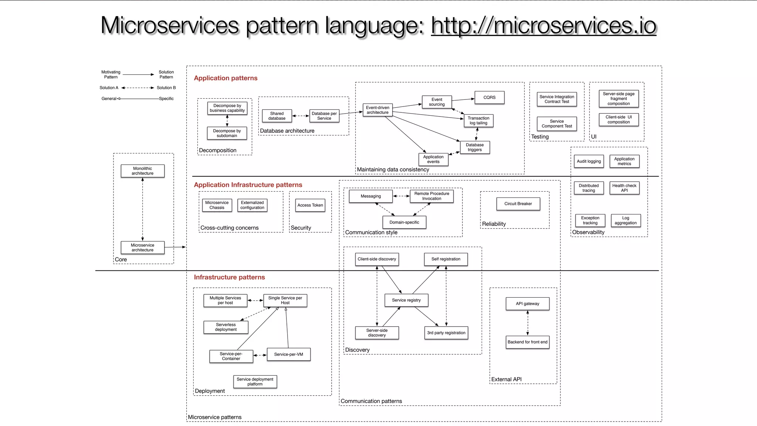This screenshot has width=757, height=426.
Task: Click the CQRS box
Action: [489, 97]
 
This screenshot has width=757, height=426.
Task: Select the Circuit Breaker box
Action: [518, 204]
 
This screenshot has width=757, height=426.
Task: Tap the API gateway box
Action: [527, 304]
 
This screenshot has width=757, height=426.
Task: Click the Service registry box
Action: [406, 300]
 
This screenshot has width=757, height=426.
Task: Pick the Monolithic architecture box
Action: [142, 171]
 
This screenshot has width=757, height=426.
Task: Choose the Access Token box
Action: [310, 205]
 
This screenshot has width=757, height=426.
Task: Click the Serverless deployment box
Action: [226, 327]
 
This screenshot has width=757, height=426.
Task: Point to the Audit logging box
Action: [589, 161]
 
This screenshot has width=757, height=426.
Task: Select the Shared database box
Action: [277, 116]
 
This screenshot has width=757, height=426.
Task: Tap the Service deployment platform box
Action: [255, 382]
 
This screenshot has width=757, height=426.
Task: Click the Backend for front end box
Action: [527, 342]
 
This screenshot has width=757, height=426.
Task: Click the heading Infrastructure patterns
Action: [229, 277]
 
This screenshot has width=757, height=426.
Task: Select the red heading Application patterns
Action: [225, 78]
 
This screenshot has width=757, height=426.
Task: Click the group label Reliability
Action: [494, 224]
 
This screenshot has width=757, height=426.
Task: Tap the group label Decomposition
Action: [218, 150]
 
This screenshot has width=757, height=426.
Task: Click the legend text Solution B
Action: [166, 88]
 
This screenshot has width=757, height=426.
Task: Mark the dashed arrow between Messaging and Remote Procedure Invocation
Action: [401, 196]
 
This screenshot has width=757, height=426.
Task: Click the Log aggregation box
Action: [625, 220]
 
